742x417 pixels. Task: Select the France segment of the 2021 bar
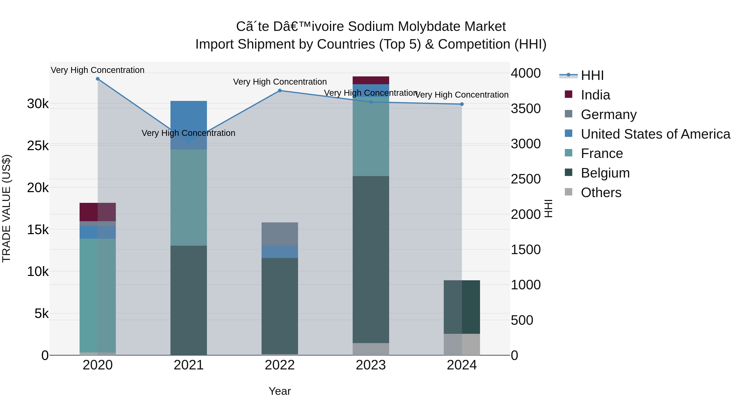pos(189,197)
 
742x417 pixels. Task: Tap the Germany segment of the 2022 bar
pos(280,234)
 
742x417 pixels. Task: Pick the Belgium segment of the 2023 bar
pos(371,259)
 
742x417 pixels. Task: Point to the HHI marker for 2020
pos(98,79)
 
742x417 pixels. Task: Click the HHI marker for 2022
pos(280,91)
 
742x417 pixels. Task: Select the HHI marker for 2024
pos(462,104)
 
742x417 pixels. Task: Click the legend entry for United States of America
pos(655,134)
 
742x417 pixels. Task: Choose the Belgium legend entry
pos(605,173)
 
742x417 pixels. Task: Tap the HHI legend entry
pos(592,75)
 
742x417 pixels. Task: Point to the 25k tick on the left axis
pos(38,146)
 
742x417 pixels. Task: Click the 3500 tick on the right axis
pos(526,109)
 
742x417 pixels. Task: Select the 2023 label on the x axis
pos(371,365)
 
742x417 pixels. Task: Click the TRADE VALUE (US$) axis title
pos(6,208)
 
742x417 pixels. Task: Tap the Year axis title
pos(280,391)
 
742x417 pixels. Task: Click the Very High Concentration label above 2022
pos(280,82)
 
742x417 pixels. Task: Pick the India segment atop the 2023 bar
pos(371,80)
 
